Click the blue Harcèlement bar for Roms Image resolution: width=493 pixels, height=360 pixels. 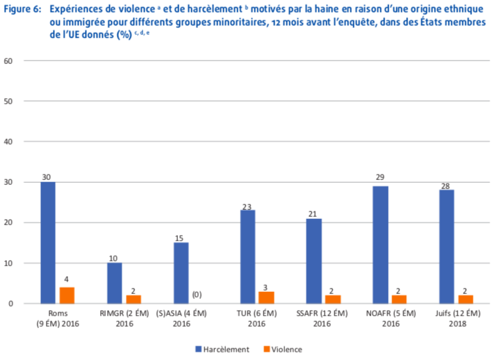[x=48, y=243]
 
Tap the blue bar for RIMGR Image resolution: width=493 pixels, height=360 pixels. [x=114, y=283]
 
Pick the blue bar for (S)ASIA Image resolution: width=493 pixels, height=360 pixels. [x=181, y=273]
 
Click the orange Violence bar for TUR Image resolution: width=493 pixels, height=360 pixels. [x=266, y=297]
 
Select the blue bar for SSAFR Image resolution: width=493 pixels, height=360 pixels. [x=314, y=261]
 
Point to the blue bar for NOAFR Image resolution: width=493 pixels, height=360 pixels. [x=380, y=245]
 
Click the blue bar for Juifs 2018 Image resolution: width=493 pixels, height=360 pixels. [x=447, y=247]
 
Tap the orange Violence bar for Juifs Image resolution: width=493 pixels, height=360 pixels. [x=465, y=300]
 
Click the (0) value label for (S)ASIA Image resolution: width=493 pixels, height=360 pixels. [x=196, y=295]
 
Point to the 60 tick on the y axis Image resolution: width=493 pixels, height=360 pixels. [x=10, y=61]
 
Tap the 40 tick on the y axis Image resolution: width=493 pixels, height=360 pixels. [x=10, y=142]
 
